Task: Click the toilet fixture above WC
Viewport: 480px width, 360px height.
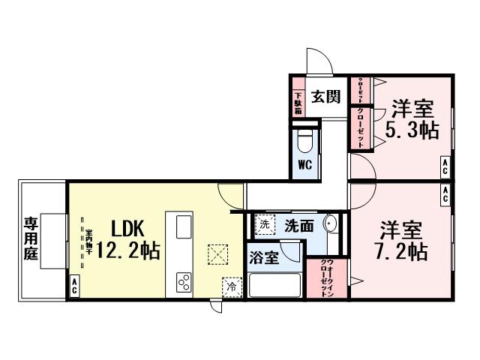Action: pos(304,140)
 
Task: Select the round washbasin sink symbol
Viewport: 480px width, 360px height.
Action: pos(331,224)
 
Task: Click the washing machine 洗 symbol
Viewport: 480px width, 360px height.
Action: pos(264,223)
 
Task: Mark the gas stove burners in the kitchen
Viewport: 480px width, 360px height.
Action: pos(184,281)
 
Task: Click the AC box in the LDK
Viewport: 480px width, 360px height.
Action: pos(74,286)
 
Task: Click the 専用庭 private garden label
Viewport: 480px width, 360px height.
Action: pos(31,238)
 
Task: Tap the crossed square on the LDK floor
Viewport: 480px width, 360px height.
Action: pos(218,255)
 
